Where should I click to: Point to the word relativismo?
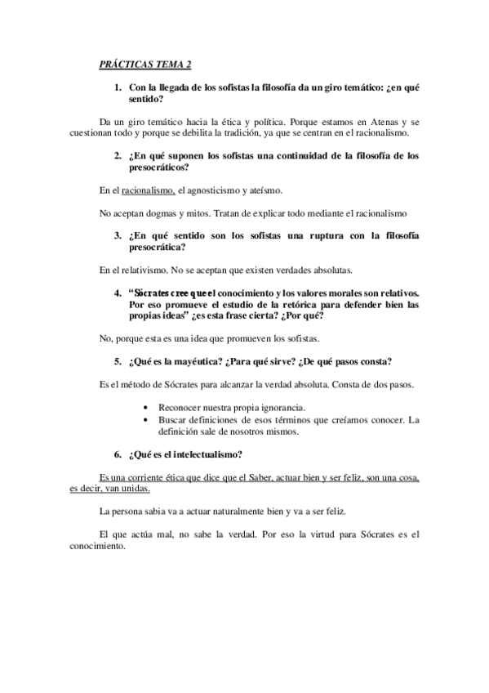pos(140,270)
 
